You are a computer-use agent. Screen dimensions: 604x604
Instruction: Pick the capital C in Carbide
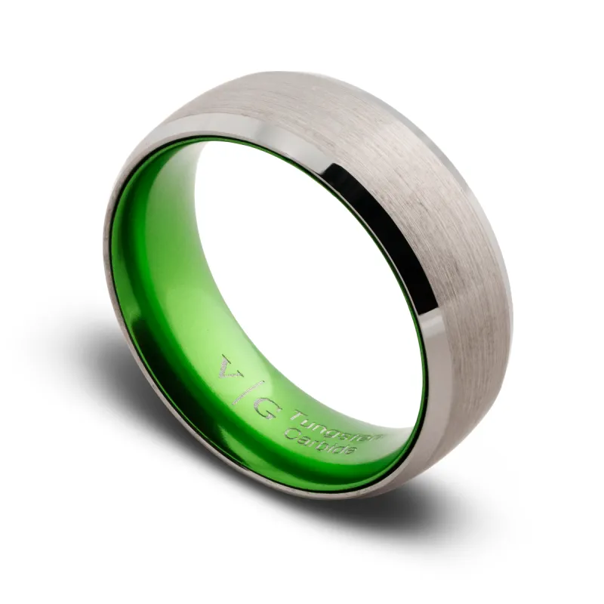(x=289, y=430)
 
